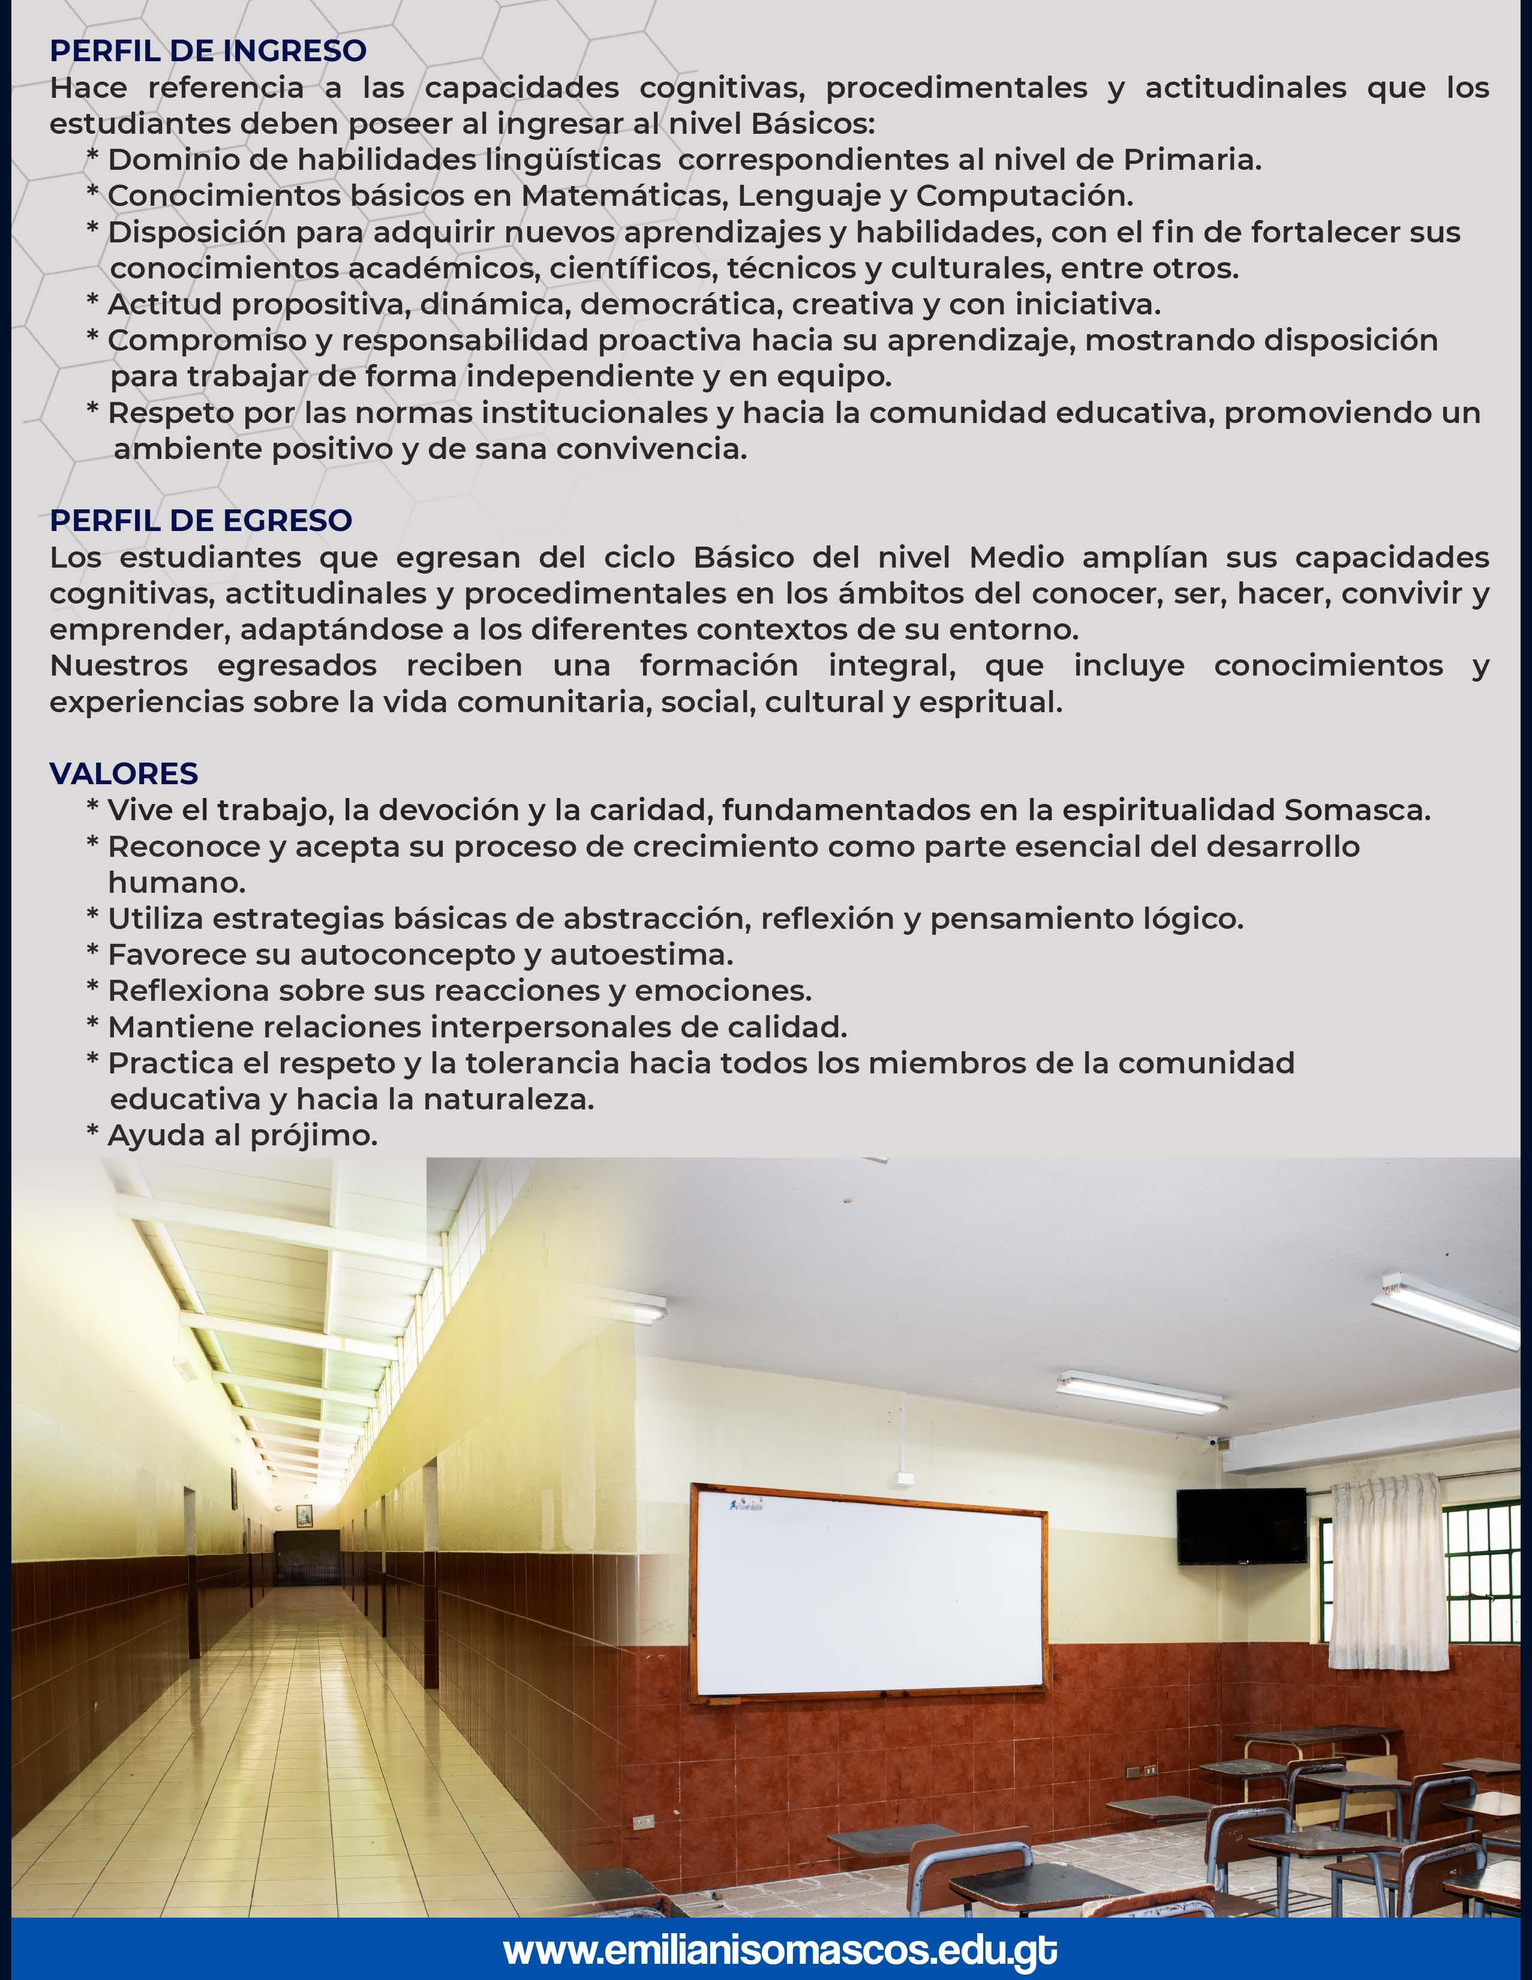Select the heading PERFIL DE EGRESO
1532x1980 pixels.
point(200,520)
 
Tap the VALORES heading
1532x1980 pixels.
point(124,773)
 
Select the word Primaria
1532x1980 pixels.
point(1191,160)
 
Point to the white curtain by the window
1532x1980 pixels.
point(1383,1568)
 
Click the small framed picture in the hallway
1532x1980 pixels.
point(305,1514)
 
